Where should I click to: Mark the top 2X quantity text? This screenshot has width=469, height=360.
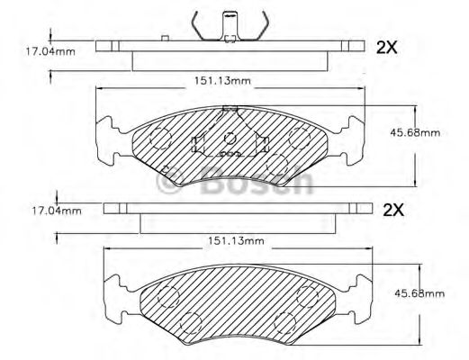[386, 48]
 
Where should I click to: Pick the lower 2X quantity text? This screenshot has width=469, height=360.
[393, 210]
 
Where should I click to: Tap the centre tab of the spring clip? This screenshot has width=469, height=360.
[231, 16]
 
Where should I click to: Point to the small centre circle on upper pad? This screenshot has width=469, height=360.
[230, 139]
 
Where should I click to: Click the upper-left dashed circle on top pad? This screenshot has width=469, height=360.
[159, 137]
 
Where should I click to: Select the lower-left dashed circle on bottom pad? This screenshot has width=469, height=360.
[190, 322]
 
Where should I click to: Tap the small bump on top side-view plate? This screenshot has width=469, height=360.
[165, 38]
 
